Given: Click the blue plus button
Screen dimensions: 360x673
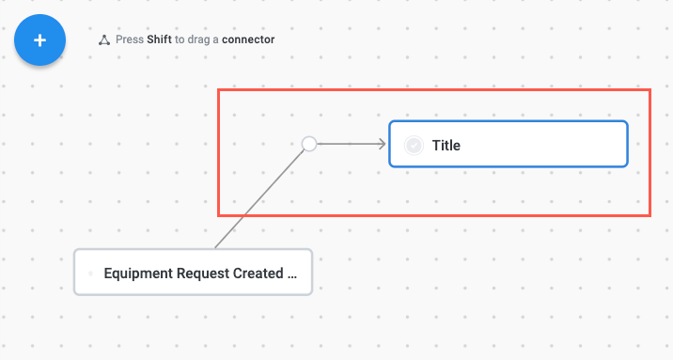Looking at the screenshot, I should (39, 40).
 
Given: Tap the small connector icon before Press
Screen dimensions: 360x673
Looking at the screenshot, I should (103, 40).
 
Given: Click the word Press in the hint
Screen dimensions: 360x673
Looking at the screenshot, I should (129, 40).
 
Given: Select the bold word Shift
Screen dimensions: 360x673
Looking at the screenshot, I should (159, 40).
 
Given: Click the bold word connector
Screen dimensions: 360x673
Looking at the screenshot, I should (248, 40).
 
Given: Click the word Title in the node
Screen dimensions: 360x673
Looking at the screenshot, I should (446, 145).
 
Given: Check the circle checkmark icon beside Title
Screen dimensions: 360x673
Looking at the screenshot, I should (413, 145).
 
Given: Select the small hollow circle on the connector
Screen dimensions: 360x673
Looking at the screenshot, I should (308, 144).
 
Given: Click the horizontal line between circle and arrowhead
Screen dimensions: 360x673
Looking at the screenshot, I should (346, 144).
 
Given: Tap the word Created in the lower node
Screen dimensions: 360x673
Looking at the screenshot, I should (257, 274).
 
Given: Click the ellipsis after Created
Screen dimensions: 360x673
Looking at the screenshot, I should (291, 274).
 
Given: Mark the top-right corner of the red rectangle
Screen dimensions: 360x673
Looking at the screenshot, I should (650, 90).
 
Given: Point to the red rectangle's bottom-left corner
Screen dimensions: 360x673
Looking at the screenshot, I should (219, 215).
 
